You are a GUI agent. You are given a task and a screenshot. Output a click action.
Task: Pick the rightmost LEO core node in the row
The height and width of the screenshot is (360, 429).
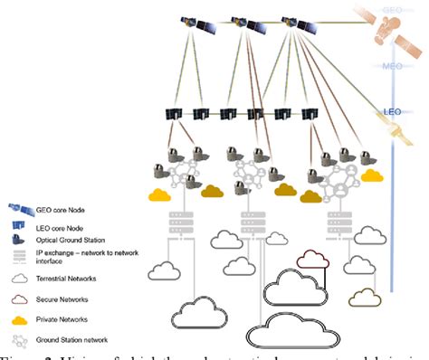click(x=310, y=115)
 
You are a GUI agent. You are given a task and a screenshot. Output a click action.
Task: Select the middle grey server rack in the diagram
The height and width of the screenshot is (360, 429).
click(x=247, y=220)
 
